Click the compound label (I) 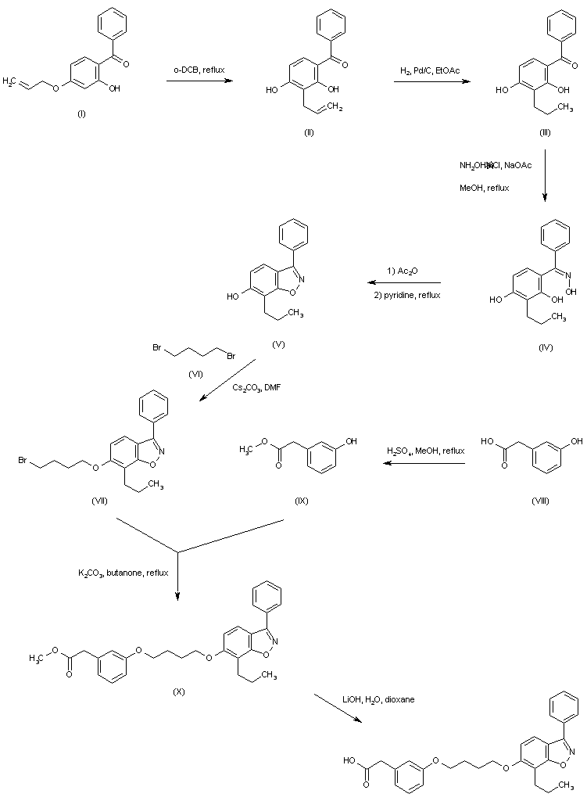coord(81,114)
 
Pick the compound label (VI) coord(195,374)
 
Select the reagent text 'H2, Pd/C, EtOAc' coord(430,71)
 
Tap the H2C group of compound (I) coord(11,81)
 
